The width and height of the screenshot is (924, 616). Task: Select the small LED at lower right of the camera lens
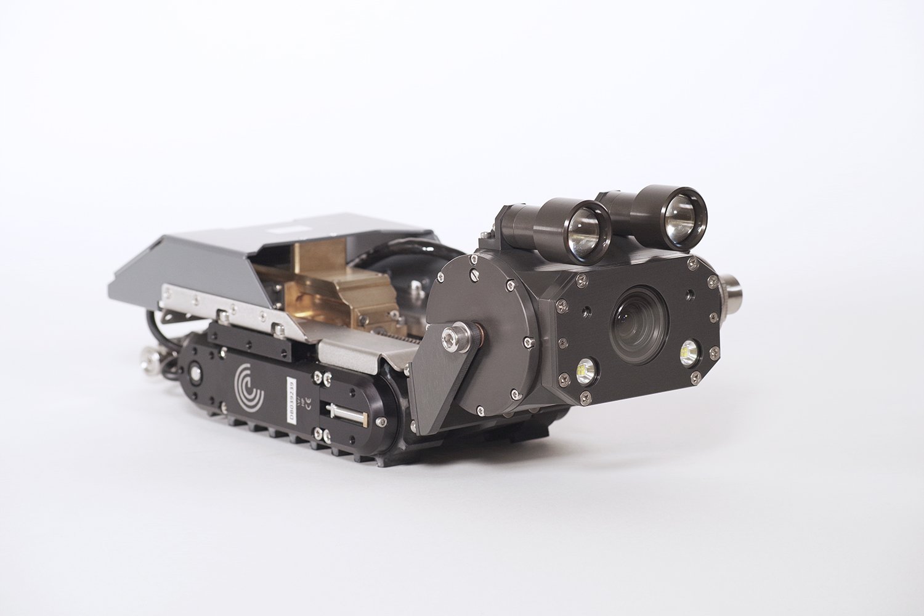click(x=688, y=352)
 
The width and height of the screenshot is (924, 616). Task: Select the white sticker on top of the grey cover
click(x=285, y=227)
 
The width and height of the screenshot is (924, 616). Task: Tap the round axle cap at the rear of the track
click(x=196, y=373)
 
